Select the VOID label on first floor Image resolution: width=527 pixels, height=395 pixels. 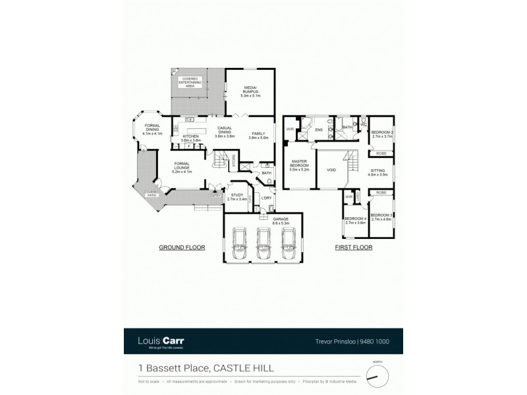(331, 170)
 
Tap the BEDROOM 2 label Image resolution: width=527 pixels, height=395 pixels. (382, 135)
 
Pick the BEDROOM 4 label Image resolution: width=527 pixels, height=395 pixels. (355, 221)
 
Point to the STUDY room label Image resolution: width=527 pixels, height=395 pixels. (236, 196)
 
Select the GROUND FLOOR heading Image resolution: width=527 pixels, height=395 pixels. (182, 248)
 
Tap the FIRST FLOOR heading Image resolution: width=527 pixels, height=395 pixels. (354, 248)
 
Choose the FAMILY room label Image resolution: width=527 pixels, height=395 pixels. (258, 135)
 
